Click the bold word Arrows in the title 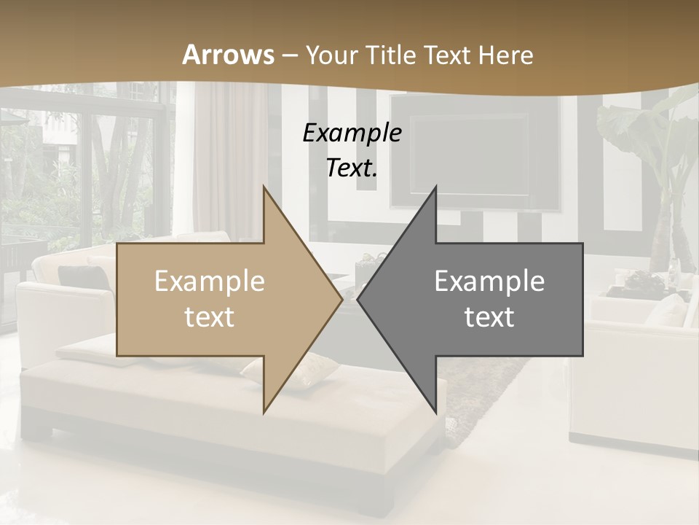228,55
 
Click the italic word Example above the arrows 352,133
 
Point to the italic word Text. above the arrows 352,168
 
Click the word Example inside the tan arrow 210,281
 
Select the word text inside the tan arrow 210,317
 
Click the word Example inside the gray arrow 489,281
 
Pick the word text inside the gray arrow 489,317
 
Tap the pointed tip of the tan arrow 341,299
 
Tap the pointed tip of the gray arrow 359,299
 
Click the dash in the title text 289,56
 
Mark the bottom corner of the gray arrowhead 436,412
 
